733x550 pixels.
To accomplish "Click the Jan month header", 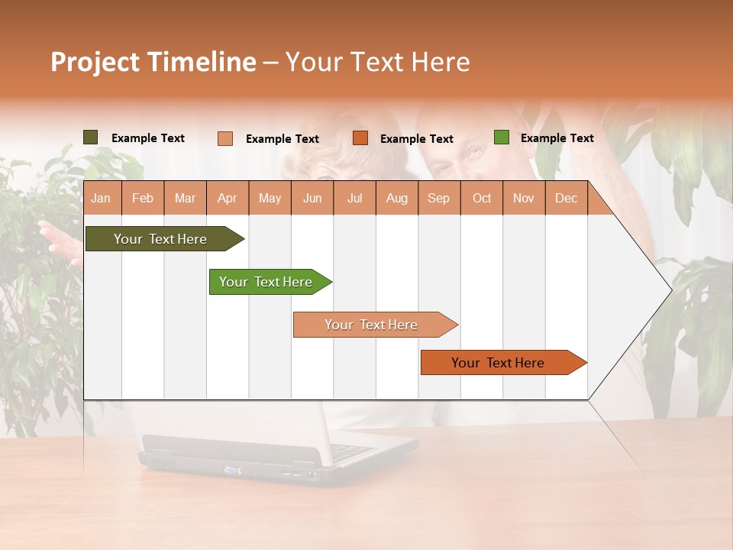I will pos(102,199).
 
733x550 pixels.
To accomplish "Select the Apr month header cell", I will pos(228,199).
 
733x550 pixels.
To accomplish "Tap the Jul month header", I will pos(354,199).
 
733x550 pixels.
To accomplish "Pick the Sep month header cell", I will pos(439,199).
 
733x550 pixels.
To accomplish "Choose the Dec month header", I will pos(566,199).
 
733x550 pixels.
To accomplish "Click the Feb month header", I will pos(143,199).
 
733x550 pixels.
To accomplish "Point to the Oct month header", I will pos(482,199).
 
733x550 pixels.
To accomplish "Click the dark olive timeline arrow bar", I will pos(160,239).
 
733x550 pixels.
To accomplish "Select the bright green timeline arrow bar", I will pos(266,282).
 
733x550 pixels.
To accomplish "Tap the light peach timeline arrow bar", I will pos(371,325).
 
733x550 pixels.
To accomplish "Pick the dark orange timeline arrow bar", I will pos(498,363).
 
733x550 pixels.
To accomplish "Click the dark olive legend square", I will pos(90,137).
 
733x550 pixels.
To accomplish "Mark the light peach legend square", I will pos(224,138).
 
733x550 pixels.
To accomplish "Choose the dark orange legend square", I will pos(360,138).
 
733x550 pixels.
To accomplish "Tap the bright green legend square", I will pos(501,137).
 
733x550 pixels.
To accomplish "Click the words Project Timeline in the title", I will pos(153,62).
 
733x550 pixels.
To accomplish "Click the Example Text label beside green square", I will pos(557,138).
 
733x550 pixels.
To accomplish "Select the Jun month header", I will pos(312,199).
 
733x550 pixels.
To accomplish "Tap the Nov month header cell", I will pos(524,199).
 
